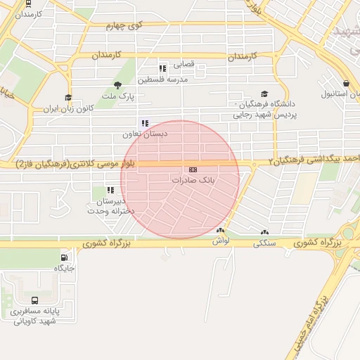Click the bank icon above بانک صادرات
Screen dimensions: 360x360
(193, 169)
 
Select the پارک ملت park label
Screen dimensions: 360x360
(117, 95)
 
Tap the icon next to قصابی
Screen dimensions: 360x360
(163, 68)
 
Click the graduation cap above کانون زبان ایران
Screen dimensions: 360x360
(68, 98)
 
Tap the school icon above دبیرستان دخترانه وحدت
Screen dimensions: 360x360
(110, 190)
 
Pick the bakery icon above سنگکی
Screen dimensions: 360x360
(264, 233)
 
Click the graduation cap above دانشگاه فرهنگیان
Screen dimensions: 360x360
(264, 94)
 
